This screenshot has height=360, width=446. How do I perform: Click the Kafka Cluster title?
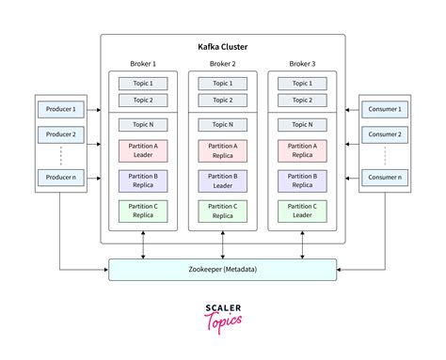click(x=222, y=45)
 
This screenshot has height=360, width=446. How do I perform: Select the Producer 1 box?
click(x=59, y=109)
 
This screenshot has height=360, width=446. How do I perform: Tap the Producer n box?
click(x=59, y=177)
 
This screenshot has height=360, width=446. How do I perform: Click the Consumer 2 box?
click(x=386, y=134)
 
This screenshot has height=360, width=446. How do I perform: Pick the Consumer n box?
click(x=386, y=177)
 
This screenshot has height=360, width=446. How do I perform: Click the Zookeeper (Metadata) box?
click(x=222, y=270)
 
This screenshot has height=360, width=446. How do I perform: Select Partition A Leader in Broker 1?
click(x=143, y=150)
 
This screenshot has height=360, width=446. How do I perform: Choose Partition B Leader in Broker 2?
click(x=222, y=181)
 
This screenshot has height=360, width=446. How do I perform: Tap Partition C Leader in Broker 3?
click(x=302, y=211)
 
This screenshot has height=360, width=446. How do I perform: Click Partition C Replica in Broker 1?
click(x=143, y=211)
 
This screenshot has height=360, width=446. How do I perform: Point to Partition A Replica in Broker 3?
click(x=302, y=150)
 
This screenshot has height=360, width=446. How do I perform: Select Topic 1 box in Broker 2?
click(x=222, y=84)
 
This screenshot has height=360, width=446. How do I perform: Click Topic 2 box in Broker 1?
click(x=143, y=100)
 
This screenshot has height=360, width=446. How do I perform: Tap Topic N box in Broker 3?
click(x=302, y=123)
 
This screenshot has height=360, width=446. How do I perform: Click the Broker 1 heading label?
click(x=143, y=64)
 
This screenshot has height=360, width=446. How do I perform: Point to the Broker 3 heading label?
click(x=302, y=64)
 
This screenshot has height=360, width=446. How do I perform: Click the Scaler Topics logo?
click(x=222, y=315)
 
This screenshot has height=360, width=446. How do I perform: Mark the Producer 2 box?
click(x=59, y=134)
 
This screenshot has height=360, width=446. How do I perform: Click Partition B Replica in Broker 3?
click(x=302, y=181)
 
